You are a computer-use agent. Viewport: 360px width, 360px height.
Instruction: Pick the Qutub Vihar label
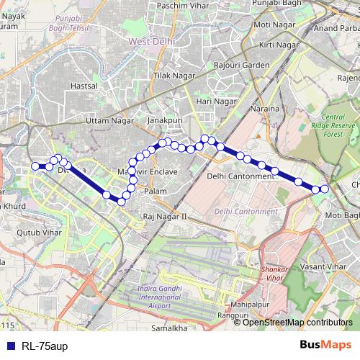(33, 233)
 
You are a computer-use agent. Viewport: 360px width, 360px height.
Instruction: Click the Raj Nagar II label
(165, 215)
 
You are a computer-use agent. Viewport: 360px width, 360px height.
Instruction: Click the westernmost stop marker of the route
(35, 166)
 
